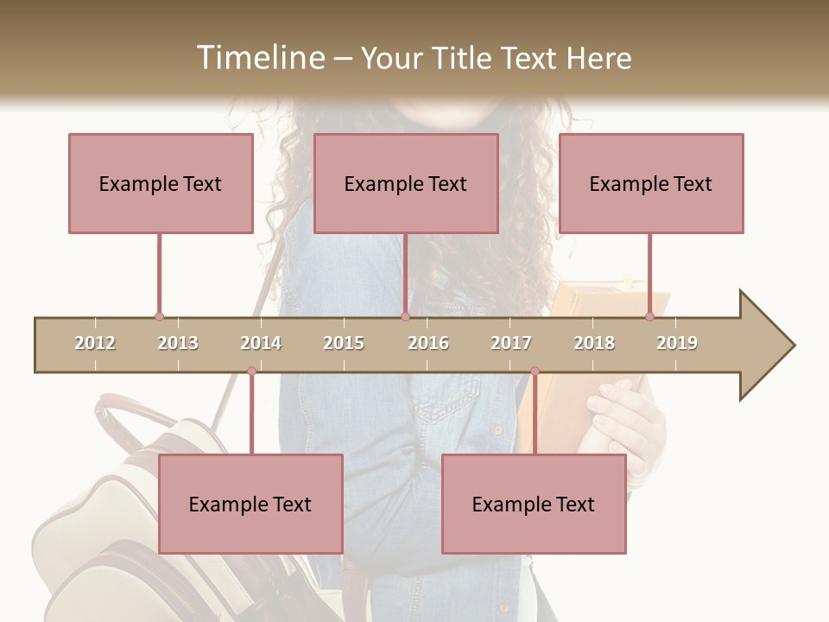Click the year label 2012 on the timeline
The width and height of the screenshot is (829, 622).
95,343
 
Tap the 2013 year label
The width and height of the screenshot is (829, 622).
178,343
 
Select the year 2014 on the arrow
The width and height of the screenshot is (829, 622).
261,343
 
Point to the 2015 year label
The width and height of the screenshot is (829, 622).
344,343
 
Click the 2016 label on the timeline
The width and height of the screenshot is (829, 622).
428,343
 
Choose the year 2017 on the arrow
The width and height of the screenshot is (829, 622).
511,343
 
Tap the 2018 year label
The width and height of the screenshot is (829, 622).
594,343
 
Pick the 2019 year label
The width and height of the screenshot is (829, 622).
677,343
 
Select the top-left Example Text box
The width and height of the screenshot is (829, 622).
161,183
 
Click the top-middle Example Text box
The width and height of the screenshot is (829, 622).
406,183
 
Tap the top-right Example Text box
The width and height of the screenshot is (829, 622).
651,183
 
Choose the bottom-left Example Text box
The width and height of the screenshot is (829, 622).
250,504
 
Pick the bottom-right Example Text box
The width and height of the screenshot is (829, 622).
534,504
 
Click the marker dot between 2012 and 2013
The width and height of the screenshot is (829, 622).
159,317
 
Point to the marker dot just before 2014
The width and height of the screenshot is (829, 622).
251,371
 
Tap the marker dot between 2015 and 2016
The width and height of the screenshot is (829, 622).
405,317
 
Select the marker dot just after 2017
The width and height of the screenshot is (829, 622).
535,371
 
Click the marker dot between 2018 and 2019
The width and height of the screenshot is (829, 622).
649,317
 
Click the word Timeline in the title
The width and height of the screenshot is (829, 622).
259,58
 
